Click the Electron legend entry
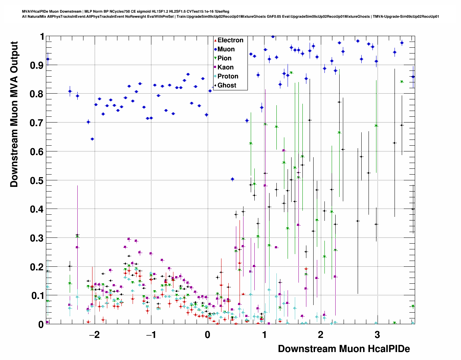click(230, 40)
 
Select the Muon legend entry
click(226, 49)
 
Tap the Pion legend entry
click(224, 58)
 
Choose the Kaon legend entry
click(225, 67)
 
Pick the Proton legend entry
click(228, 76)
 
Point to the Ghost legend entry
click(227, 85)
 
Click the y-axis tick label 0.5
click(36, 180)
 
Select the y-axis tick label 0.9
click(36, 65)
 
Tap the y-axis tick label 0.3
click(36, 238)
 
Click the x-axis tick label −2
click(94, 334)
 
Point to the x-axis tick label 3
click(377, 334)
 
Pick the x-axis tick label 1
click(264, 334)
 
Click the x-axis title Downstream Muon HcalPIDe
click(344, 349)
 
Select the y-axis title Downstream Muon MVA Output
click(14, 114)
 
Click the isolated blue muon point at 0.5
click(232, 179)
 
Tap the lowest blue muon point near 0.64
click(92, 139)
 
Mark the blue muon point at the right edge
click(413, 77)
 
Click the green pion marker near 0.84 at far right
click(401, 82)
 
